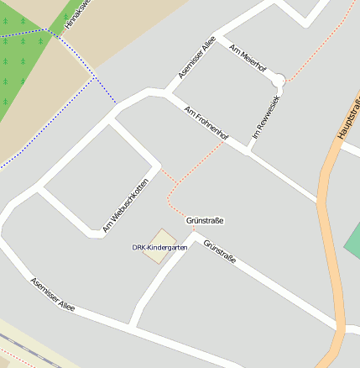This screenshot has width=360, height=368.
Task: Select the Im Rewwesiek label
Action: (266, 116)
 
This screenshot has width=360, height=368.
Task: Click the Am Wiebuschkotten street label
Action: (125, 205)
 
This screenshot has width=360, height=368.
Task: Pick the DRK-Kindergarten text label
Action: (159, 248)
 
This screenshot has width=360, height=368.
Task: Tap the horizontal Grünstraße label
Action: (205, 220)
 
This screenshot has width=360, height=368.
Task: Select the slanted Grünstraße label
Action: (220, 252)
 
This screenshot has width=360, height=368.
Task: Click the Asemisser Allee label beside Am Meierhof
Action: (197, 57)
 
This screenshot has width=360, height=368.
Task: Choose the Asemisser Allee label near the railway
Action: (53, 295)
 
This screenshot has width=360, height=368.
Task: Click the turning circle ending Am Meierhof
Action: (279, 81)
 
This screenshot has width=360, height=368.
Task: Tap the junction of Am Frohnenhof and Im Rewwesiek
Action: (248, 150)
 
